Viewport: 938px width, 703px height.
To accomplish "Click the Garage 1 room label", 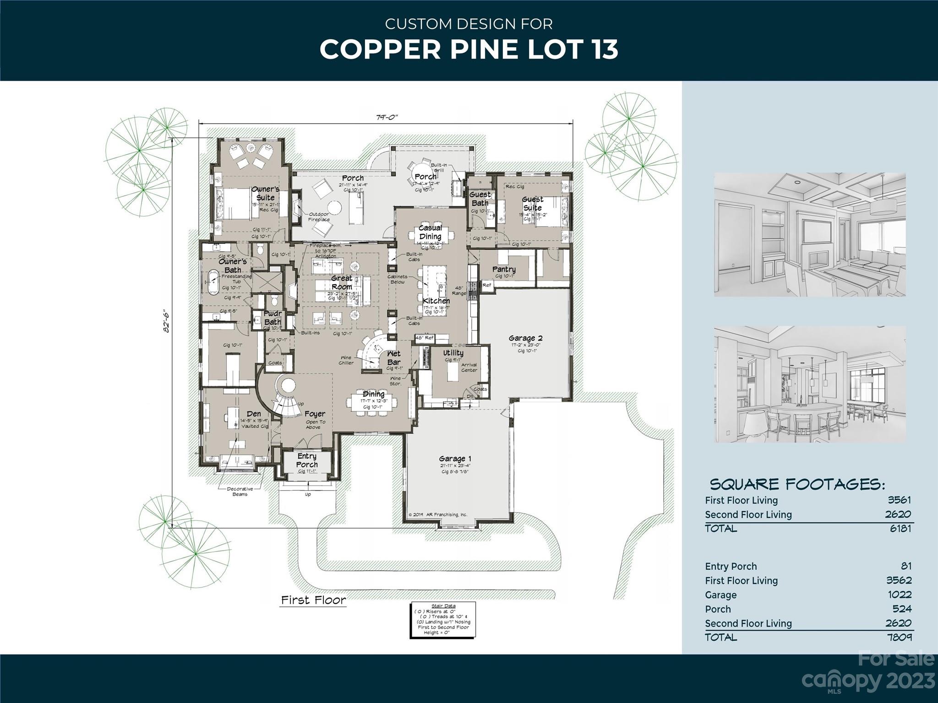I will click(455, 459).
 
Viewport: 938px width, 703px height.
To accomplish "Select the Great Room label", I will click(342, 282).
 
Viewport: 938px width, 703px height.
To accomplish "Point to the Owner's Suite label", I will click(265, 193).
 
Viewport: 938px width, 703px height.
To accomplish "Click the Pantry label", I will click(504, 269).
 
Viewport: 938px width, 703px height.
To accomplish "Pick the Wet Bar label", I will click(394, 357).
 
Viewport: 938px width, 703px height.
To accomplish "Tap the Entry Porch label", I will click(307, 460).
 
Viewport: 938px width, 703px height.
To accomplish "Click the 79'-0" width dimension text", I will click(387, 117).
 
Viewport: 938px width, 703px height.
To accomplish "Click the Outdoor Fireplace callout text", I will click(319, 216).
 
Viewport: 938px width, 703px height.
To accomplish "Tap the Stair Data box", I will click(443, 620).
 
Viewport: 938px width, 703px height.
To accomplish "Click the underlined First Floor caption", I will click(313, 600).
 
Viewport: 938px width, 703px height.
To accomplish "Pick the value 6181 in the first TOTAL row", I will click(900, 528).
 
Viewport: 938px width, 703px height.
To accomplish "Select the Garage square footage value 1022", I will click(899, 595).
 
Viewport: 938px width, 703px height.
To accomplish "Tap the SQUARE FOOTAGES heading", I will click(797, 484).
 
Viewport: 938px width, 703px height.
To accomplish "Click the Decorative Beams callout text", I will click(240, 492).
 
